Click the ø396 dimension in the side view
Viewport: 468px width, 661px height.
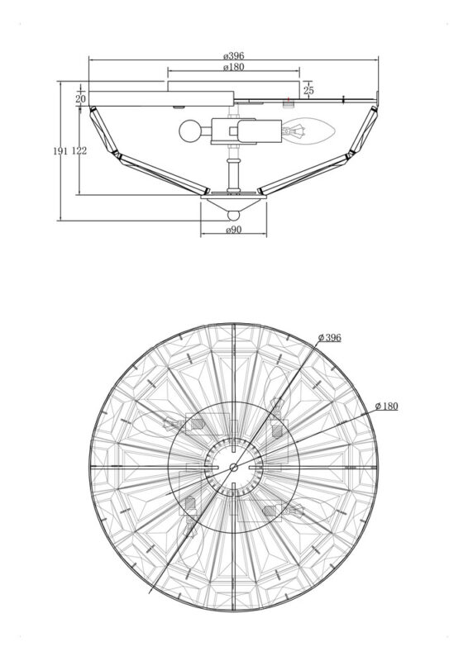(x=234, y=55)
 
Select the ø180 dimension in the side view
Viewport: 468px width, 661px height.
(x=234, y=67)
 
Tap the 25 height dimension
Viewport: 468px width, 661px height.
(x=309, y=90)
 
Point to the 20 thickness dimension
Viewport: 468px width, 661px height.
(x=81, y=98)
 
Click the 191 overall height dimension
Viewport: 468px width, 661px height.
(x=60, y=151)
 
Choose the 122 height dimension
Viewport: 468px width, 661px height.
(x=79, y=151)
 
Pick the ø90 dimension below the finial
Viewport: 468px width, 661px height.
(x=234, y=230)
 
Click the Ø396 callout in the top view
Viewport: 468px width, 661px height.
(x=330, y=338)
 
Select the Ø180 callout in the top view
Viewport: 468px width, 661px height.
(x=386, y=406)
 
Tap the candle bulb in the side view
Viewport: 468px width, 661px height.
(x=309, y=131)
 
